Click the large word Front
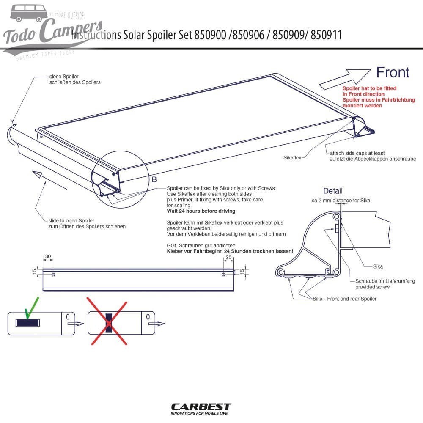coord(393,72)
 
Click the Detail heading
coord(332,191)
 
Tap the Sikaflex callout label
coord(293,157)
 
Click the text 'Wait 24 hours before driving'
coord(201,211)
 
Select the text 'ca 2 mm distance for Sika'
coord(341,200)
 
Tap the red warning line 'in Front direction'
coord(363,94)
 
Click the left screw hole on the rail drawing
coord(52,275)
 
